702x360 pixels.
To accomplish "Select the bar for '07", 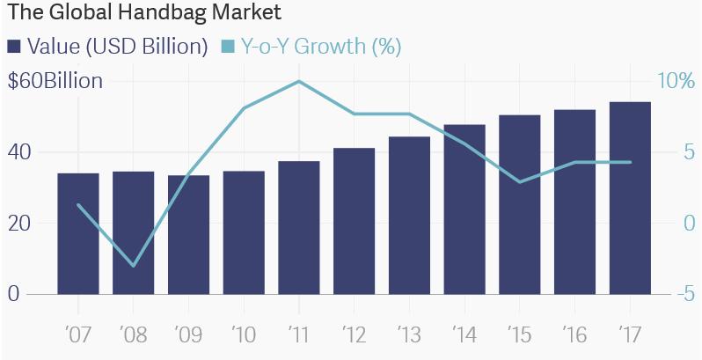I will coord(78,233).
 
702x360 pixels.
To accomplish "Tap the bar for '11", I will coord(299,227).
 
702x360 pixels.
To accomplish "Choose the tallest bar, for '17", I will coord(630,198).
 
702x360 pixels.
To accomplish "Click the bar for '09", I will coord(188,234).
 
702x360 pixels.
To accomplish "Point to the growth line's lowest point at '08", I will coord(134,265).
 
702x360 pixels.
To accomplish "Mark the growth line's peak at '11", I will coord(299,81).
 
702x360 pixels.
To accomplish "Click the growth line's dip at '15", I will coord(520,182).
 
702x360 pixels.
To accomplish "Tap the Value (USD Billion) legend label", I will coord(118,46).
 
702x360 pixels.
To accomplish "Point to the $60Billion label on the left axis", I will coord(55,81).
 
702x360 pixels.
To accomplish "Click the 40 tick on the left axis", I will coord(20,152).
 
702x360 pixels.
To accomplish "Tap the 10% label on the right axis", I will coord(676,81).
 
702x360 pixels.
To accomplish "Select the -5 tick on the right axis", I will coord(669,294).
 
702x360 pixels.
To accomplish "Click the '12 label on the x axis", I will coord(354,335).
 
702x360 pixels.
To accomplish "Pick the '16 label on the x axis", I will coord(574,335).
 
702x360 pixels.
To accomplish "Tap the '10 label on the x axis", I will coord(244,335).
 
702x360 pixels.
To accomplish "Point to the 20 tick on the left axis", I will coord(20,223).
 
